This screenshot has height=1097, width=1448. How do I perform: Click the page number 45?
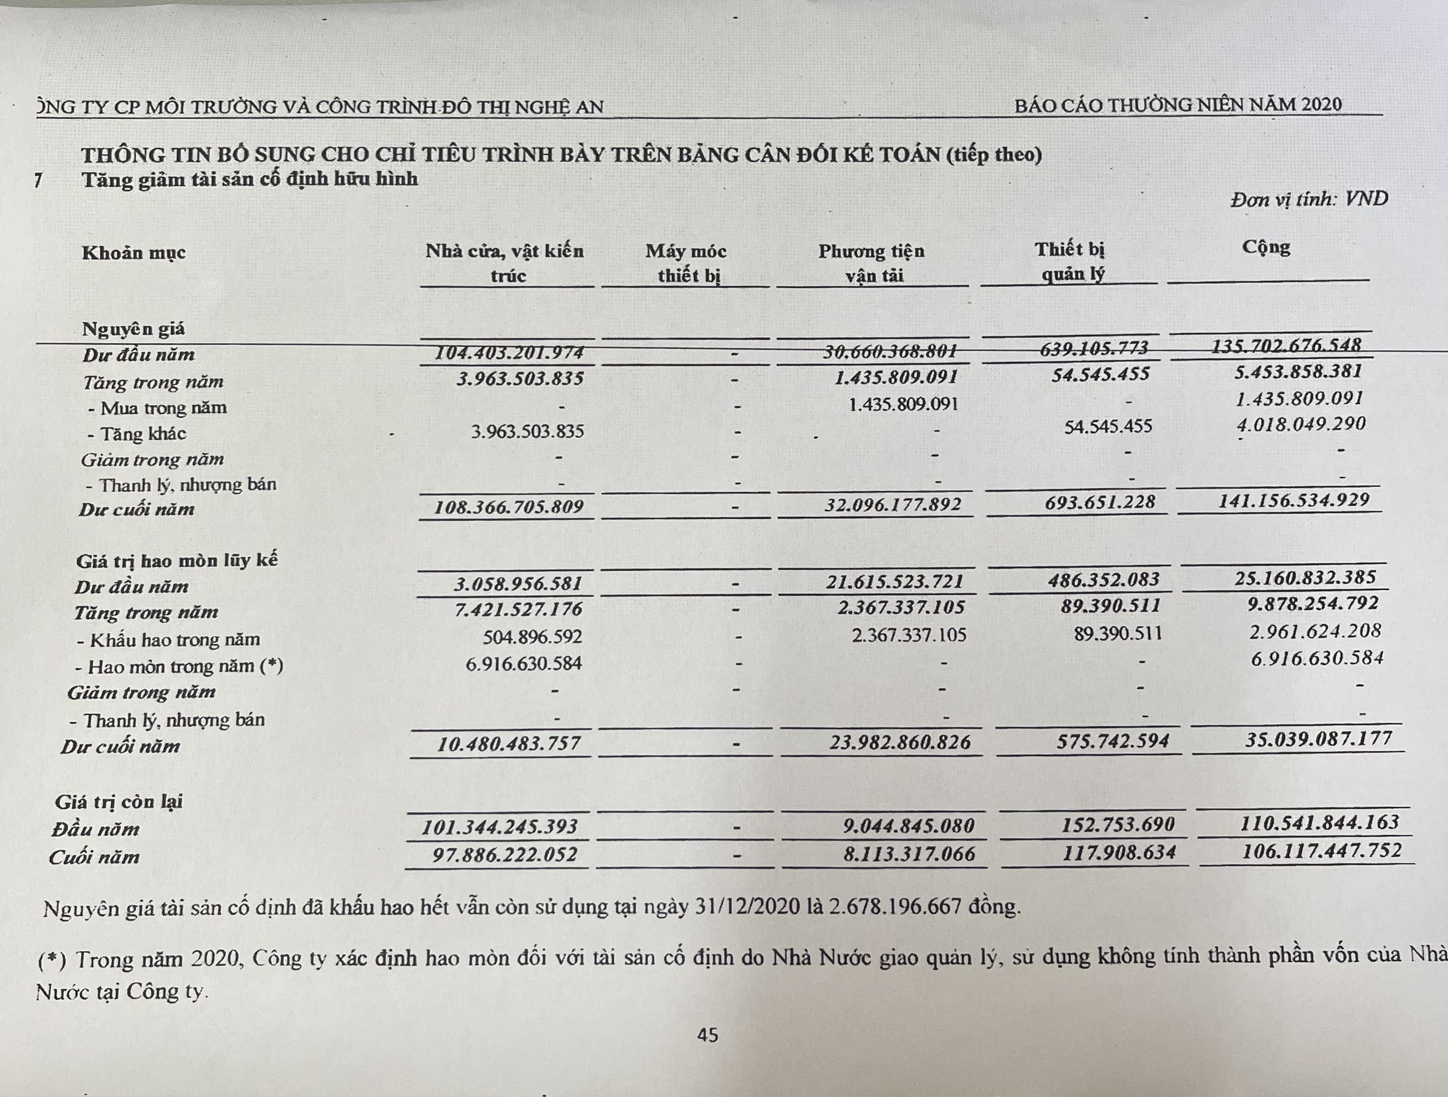(708, 1035)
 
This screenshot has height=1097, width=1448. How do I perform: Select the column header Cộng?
(1266, 248)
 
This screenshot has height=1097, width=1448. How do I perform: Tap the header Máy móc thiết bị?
(687, 262)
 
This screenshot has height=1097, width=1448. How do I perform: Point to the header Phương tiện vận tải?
(873, 262)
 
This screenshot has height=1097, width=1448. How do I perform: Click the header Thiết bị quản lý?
(1070, 261)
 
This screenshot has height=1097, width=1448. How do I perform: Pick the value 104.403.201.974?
(509, 353)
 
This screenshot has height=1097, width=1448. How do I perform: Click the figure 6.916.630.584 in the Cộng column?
(1316, 659)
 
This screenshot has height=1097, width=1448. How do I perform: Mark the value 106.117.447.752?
(1321, 851)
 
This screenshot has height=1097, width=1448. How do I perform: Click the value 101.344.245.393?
(499, 827)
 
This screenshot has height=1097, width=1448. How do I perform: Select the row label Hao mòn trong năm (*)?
(179, 667)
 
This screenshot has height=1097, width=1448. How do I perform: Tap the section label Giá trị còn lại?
(119, 802)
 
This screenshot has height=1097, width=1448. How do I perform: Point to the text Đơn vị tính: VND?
(1309, 199)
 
